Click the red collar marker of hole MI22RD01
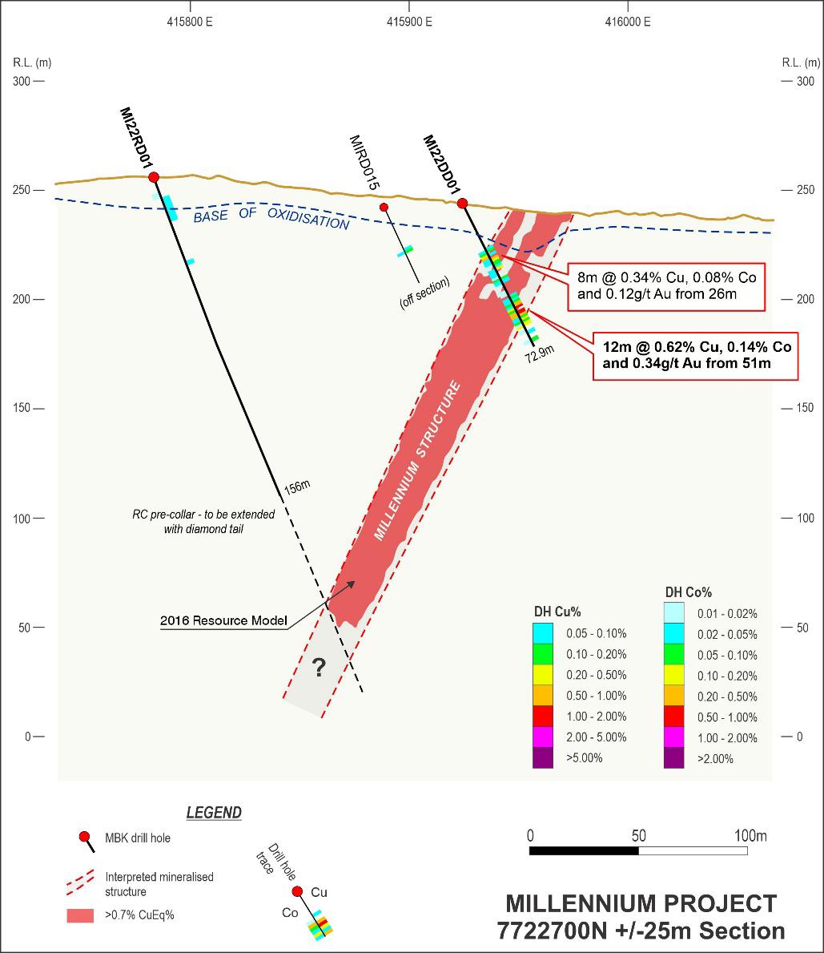click(x=154, y=177)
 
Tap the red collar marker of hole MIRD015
click(x=384, y=208)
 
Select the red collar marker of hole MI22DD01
click(x=462, y=204)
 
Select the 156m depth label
click(x=296, y=485)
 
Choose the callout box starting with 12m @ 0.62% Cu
click(x=696, y=356)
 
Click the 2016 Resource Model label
click(x=223, y=620)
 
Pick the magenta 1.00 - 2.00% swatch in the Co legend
click(x=674, y=737)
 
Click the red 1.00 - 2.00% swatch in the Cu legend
click(x=543, y=717)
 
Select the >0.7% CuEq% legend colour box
click(x=80, y=915)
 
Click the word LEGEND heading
click(x=214, y=813)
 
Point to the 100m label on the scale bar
click(x=750, y=836)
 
